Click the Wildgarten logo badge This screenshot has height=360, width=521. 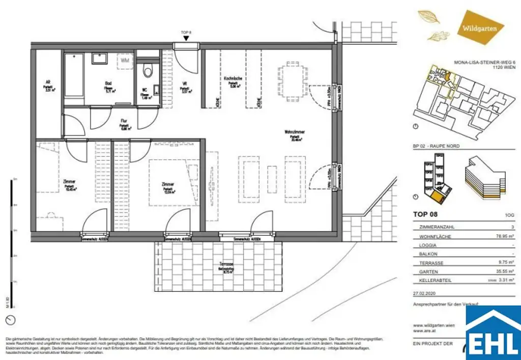click(x=480, y=28)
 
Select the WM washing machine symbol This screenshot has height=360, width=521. click(x=125, y=61)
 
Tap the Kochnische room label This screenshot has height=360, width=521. click(x=233, y=80)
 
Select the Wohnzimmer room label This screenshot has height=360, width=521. click(x=295, y=134)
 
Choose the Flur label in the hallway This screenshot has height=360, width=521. click(x=124, y=123)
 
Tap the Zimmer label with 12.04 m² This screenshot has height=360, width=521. click(x=168, y=187)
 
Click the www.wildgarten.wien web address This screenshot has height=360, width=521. click(x=434, y=325)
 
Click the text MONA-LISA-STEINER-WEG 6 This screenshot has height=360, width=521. click(x=483, y=63)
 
